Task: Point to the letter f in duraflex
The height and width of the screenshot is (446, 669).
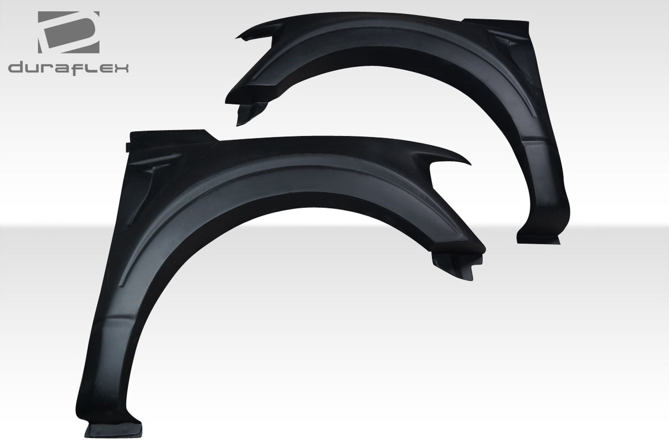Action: click(81, 67)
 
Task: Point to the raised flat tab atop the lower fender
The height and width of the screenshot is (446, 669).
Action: click(171, 134)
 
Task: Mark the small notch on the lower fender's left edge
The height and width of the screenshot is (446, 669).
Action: click(128, 147)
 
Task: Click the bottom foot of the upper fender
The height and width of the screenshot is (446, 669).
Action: click(537, 238)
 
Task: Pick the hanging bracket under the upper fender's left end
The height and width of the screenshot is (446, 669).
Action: click(247, 113)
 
